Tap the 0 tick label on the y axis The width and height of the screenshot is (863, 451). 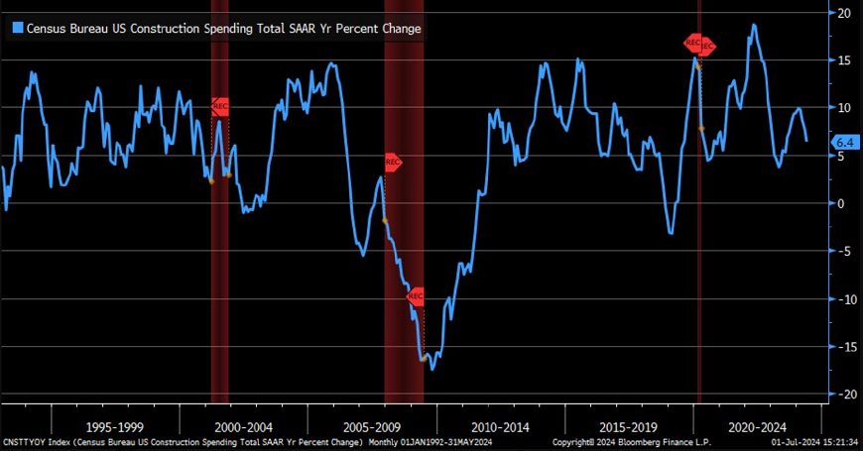(842, 203)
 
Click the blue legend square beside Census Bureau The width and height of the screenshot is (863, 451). (16, 29)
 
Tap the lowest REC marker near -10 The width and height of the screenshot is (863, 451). (417, 295)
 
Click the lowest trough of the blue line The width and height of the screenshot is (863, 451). (432, 370)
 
